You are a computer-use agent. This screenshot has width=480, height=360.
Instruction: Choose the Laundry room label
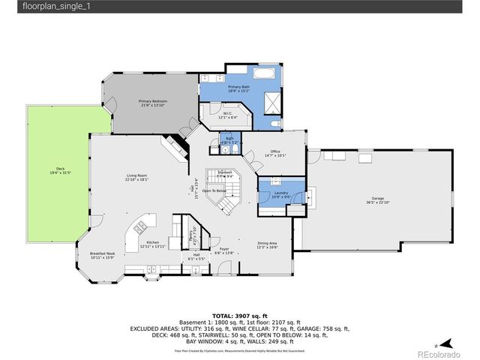pos(281,194)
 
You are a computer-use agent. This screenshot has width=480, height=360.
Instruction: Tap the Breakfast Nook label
pos(100,254)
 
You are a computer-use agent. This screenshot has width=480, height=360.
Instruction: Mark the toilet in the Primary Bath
pos(276,123)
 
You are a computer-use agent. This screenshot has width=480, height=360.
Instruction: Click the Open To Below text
pos(214,190)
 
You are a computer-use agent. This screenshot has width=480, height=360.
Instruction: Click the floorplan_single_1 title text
pos(34,7)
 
